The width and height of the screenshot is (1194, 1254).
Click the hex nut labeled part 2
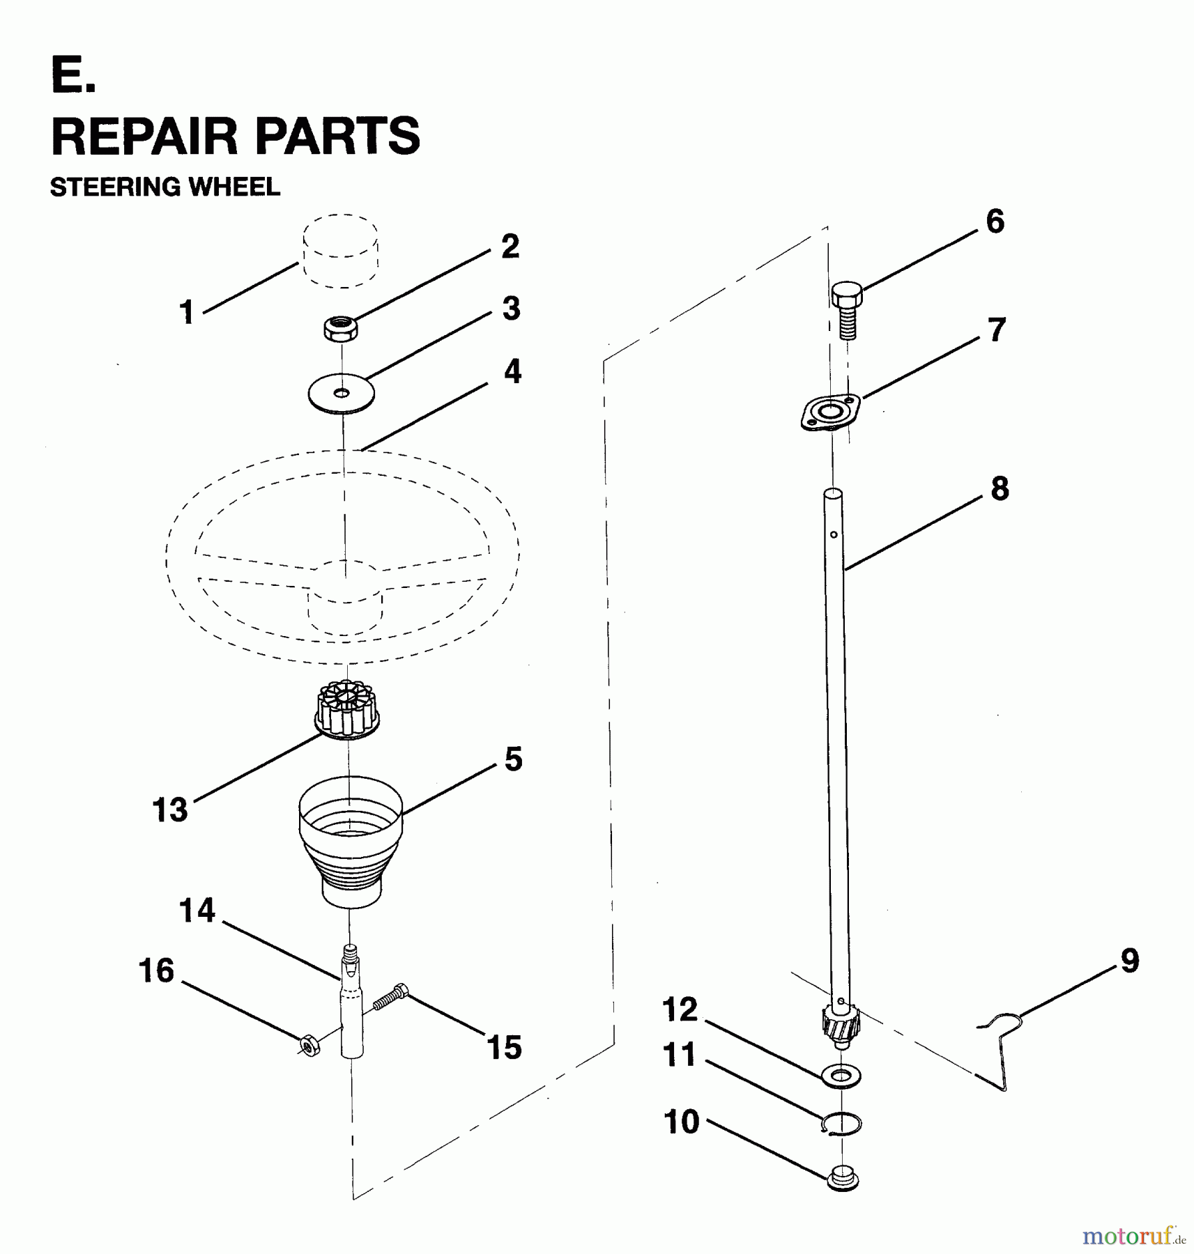(341, 327)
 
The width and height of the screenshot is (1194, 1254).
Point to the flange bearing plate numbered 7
(830, 412)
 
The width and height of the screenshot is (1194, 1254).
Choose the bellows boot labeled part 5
(350, 842)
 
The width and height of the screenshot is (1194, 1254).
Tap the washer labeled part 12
(842, 1076)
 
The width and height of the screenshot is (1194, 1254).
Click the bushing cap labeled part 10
(842, 1179)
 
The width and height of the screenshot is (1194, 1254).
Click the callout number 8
(999, 489)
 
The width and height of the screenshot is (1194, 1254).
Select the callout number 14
(197, 911)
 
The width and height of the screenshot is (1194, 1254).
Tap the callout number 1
(186, 312)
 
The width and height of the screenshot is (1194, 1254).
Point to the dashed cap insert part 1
(341, 251)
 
